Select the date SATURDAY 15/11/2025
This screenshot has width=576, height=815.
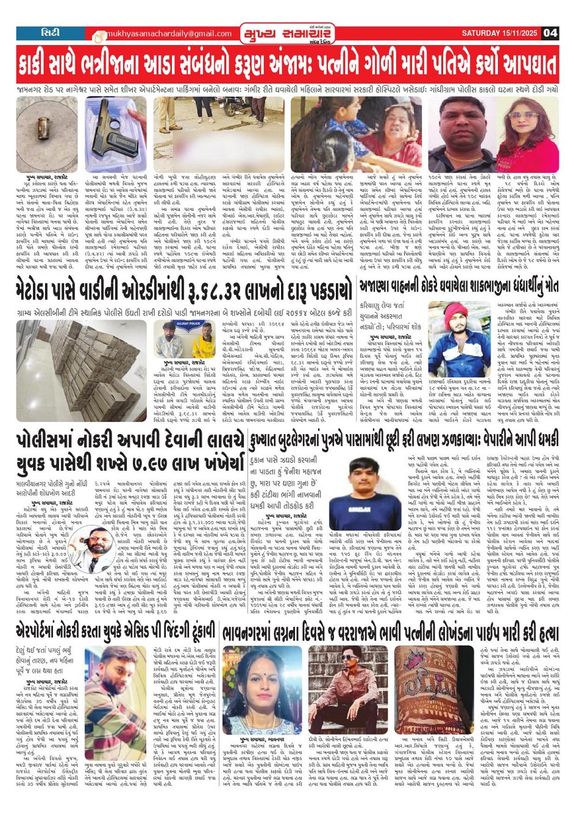(500, 33)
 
